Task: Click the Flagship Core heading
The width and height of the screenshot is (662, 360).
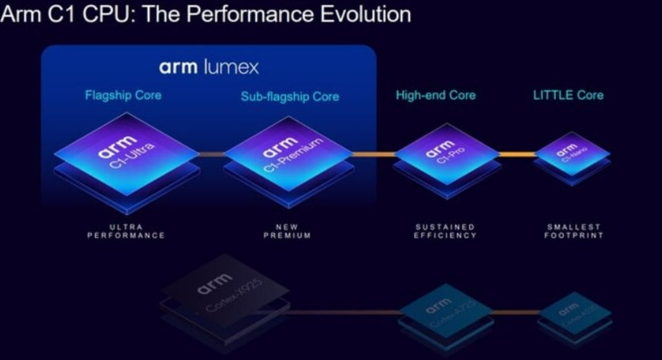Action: click(123, 95)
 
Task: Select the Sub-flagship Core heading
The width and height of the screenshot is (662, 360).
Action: click(289, 97)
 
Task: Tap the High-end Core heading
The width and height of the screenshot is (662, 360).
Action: click(436, 95)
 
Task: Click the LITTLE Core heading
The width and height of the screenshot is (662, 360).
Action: click(568, 95)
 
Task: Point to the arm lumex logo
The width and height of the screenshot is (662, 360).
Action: click(208, 67)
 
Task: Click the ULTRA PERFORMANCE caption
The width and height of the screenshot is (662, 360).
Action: click(126, 231)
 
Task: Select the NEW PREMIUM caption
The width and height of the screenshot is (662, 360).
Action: click(287, 231)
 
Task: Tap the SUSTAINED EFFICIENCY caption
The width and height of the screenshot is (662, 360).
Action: click(445, 231)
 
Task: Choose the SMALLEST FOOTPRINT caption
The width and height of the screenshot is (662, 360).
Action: click(574, 231)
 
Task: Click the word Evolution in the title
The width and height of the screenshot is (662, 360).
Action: click(362, 14)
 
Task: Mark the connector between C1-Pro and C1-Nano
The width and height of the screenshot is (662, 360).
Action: click(517, 154)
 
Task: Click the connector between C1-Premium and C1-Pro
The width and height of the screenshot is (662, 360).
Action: click(373, 154)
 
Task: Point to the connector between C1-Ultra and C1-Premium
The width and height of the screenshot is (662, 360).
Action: click(211, 154)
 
